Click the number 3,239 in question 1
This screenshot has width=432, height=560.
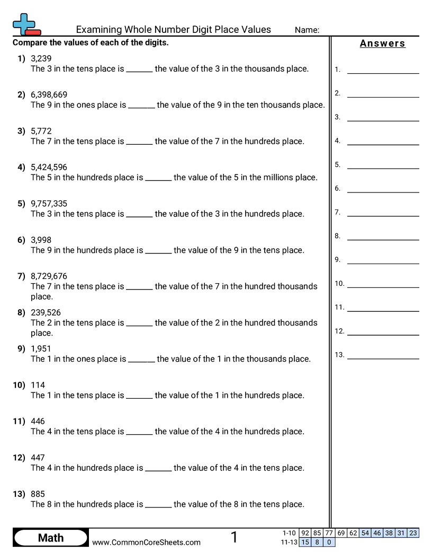pyautogui.click(x=41, y=58)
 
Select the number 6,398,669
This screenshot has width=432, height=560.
pyautogui.click(x=49, y=95)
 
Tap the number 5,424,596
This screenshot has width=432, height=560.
pyautogui.click(x=49, y=167)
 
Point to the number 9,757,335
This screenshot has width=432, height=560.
pyautogui.click(x=49, y=204)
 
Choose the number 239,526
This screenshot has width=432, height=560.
pyautogui.click(x=46, y=312)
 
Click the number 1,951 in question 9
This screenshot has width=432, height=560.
pyautogui.click(x=41, y=348)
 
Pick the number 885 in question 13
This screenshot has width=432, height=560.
pyautogui.click(x=38, y=494)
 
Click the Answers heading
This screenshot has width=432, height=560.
pyautogui.click(x=382, y=43)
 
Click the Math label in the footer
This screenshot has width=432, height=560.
pyautogui.click(x=51, y=538)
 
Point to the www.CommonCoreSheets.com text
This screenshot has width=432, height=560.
pyautogui.click(x=146, y=542)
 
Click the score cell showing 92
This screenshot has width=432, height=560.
pyautogui.click(x=305, y=533)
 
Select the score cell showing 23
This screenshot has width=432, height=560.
pyautogui.click(x=413, y=533)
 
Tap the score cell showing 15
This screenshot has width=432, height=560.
pyautogui.click(x=305, y=542)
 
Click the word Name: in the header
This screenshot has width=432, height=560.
pyautogui.click(x=307, y=30)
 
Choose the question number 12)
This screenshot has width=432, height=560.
pyautogui.click(x=19, y=457)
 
